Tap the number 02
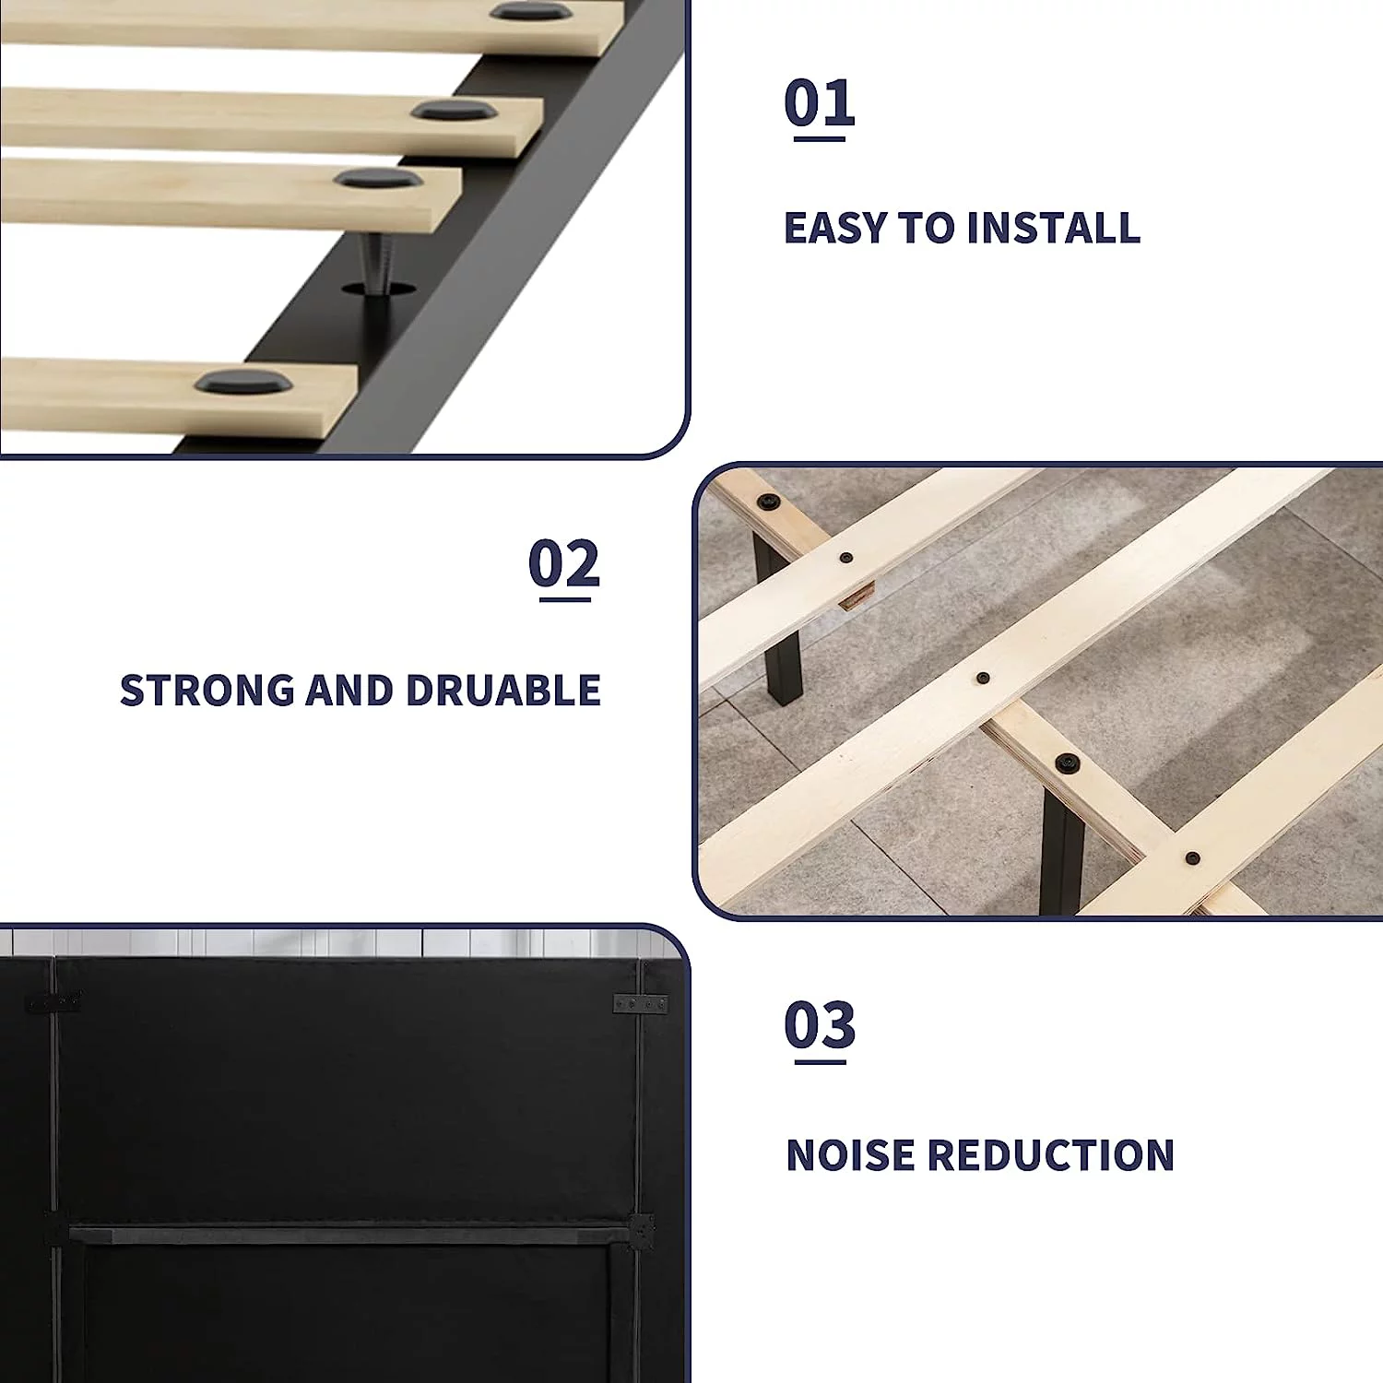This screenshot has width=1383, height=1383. (x=564, y=563)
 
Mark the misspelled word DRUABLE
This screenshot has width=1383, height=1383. (x=503, y=691)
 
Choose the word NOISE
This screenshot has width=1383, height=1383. (x=850, y=1155)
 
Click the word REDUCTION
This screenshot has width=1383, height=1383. (x=1050, y=1155)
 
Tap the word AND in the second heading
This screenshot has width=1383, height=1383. (x=350, y=691)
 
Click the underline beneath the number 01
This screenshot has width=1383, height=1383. (x=820, y=138)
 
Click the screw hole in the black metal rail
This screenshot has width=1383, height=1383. (x=378, y=290)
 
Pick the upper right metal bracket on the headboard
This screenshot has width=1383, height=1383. (x=641, y=1003)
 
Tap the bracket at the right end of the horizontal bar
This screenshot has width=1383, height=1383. (x=641, y=1231)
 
